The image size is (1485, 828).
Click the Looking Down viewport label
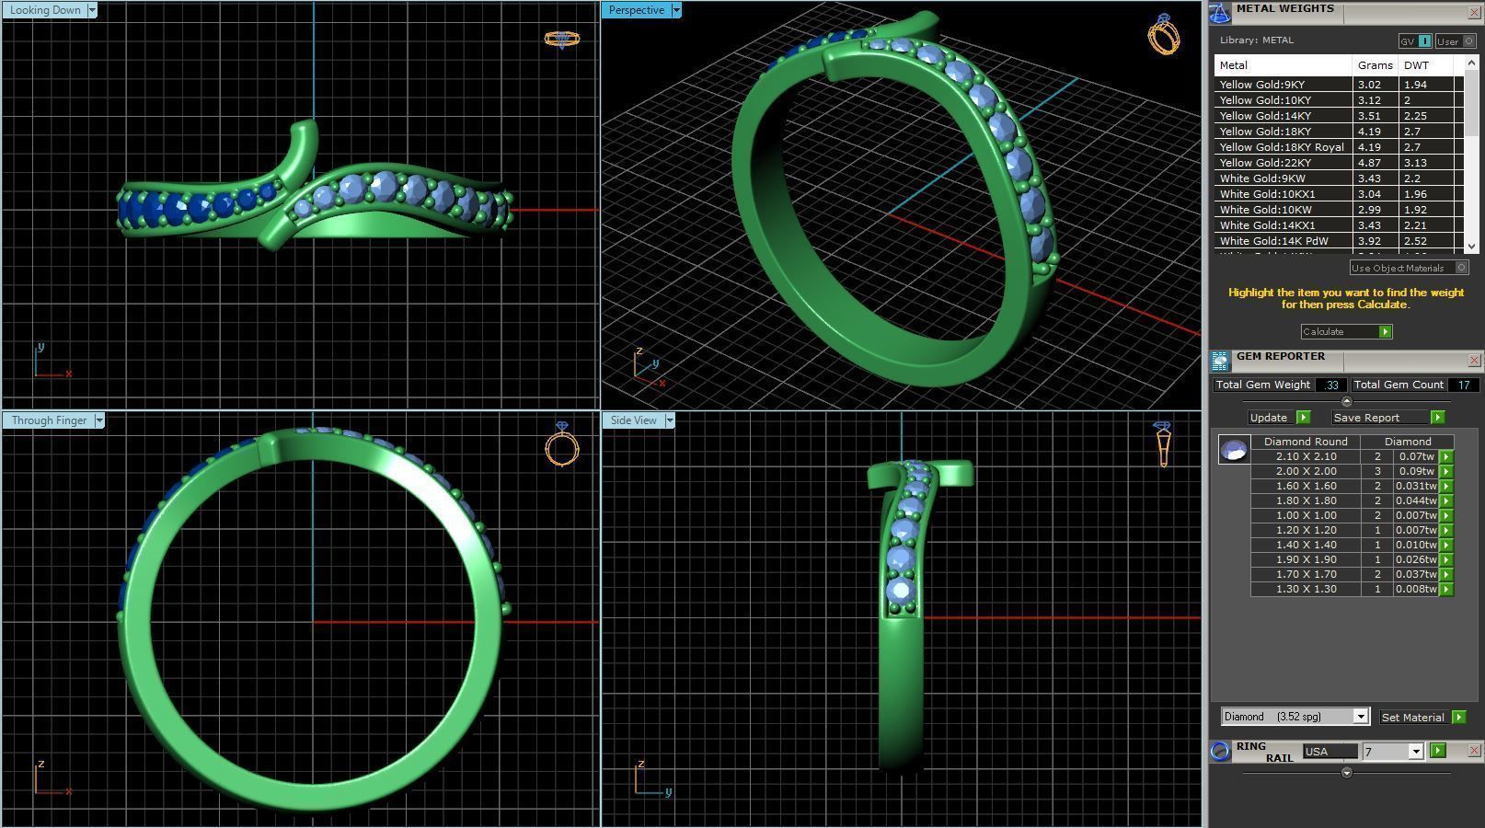point(44,10)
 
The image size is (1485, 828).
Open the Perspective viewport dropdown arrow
point(676,10)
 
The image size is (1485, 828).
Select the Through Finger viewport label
point(49,420)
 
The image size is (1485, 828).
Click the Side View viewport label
point(633,420)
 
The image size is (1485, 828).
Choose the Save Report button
point(1366,418)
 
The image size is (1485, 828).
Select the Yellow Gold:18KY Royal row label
point(1281,147)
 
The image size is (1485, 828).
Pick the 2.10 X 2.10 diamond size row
point(1306,456)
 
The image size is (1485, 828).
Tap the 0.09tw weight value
point(1416,471)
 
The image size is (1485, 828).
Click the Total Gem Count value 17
point(1463,385)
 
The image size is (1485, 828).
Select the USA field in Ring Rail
point(1330,752)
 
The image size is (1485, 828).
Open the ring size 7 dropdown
point(1416,752)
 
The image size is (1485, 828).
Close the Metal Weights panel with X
point(1473,12)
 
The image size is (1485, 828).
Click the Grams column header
point(1375,65)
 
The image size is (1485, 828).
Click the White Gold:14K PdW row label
point(1273,241)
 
